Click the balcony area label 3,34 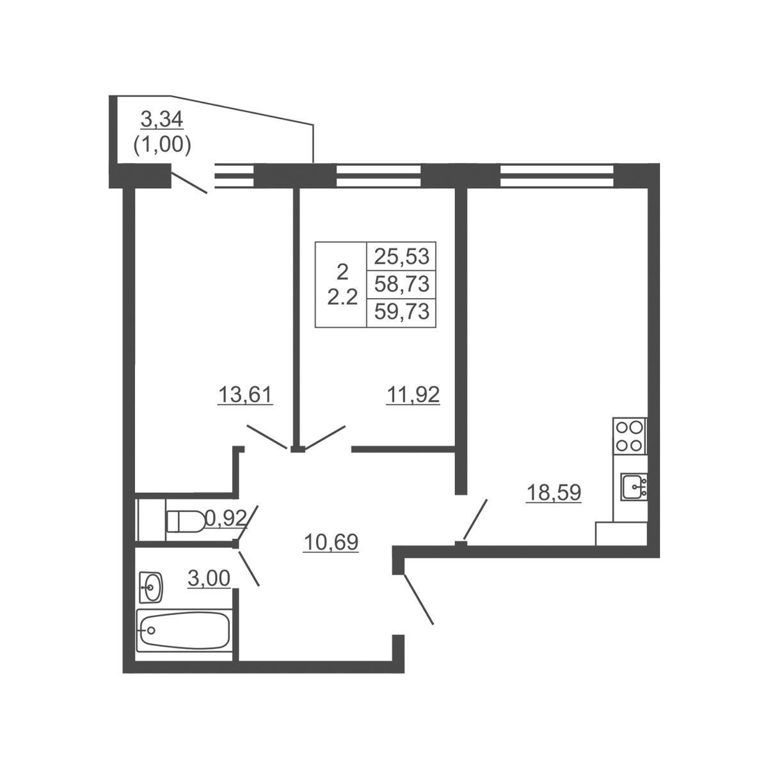point(162,120)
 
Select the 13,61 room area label point(245,395)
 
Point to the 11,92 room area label point(413,395)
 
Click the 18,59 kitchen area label point(554,493)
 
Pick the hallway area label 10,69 point(331,542)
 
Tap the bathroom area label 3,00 point(209,579)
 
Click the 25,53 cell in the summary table point(401,256)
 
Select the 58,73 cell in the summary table point(401,284)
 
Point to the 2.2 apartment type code point(342,298)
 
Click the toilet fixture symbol point(185,521)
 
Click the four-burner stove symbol point(629,436)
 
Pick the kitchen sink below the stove point(635,486)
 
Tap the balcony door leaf point(189,182)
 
